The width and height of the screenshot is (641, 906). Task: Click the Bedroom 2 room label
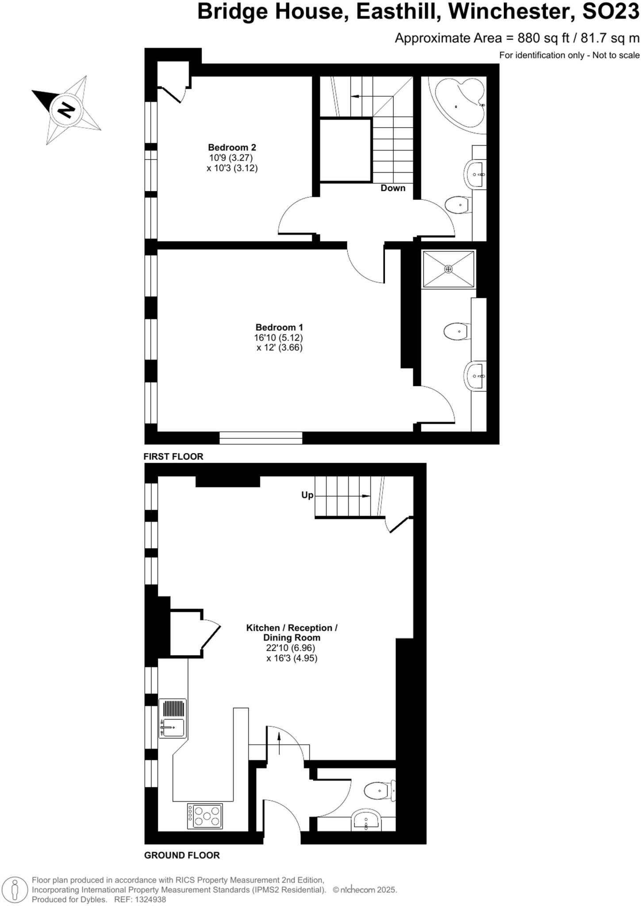click(x=232, y=147)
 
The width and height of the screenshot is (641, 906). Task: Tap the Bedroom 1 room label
click(x=279, y=327)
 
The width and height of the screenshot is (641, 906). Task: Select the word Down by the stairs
click(x=393, y=188)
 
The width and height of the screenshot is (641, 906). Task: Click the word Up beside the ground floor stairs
click(x=307, y=495)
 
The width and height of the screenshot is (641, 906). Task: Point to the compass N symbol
click(x=66, y=110)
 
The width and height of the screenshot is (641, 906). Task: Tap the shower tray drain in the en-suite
click(x=448, y=269)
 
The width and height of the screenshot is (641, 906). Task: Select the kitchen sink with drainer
click(x=173, y=718)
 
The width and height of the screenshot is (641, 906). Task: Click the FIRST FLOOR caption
click(x=173, y=457)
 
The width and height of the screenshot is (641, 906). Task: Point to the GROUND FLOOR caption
click(x=182, y=855)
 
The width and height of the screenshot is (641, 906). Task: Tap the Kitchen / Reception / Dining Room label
click(x=292, y=633)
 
